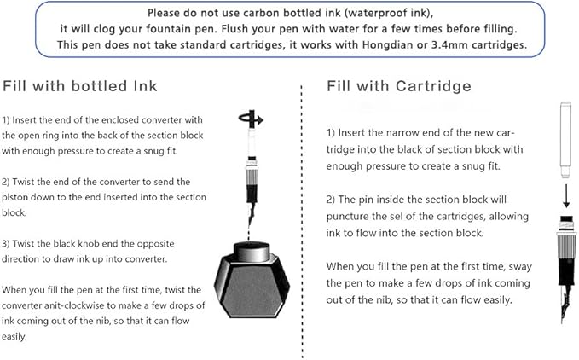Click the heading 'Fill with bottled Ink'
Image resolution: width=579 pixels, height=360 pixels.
80,86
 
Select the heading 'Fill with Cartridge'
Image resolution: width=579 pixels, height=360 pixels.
399,86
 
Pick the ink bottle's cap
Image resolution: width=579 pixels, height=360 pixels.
252,252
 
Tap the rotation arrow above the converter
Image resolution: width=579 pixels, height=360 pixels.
251,119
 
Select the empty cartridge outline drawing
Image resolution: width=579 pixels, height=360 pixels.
566,140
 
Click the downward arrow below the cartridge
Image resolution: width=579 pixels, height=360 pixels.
566,195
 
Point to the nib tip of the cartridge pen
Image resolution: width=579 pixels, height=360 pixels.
563,322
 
